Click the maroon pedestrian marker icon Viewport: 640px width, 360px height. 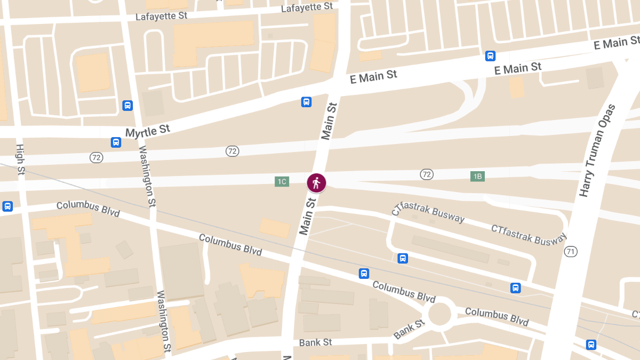316,183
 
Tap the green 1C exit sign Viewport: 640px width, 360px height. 282,181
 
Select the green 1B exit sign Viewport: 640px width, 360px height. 477,176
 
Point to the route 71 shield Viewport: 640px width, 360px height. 571,251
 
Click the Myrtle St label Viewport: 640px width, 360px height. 147,130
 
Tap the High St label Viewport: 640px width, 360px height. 21,159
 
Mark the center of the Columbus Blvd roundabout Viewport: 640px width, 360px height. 440,314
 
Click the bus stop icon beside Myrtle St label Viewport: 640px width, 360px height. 116,142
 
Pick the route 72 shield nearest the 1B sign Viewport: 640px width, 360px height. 426,174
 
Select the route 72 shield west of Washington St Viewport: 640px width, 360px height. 97,157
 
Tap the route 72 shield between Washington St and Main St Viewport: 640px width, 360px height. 232,151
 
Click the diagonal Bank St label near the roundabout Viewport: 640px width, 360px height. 409,329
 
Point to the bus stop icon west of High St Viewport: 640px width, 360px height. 7,206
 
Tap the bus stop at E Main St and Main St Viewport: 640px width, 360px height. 306,102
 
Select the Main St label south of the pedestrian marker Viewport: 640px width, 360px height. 308,216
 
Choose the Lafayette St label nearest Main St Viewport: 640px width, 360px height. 307,7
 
